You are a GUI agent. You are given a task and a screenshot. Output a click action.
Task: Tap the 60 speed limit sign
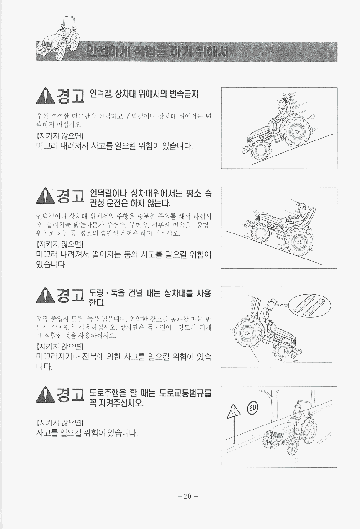tap(252, 408)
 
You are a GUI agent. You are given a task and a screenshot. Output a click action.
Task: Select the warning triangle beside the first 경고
tap(45, 96)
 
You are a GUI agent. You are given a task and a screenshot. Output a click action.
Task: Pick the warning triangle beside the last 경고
tap(45, 394)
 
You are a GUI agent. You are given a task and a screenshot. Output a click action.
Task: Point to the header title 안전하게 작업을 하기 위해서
tap(157, 51)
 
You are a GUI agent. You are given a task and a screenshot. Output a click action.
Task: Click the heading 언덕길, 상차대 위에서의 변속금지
tap(144, 93)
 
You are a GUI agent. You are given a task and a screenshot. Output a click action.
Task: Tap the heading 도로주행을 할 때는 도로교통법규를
tap(150, 393)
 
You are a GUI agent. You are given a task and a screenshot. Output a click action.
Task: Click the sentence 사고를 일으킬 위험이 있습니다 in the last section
tap(87, 432)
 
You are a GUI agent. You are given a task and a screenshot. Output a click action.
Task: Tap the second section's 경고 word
tap(70, 196)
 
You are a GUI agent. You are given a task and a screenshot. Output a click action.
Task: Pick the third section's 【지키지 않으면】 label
tap(60, 347)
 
